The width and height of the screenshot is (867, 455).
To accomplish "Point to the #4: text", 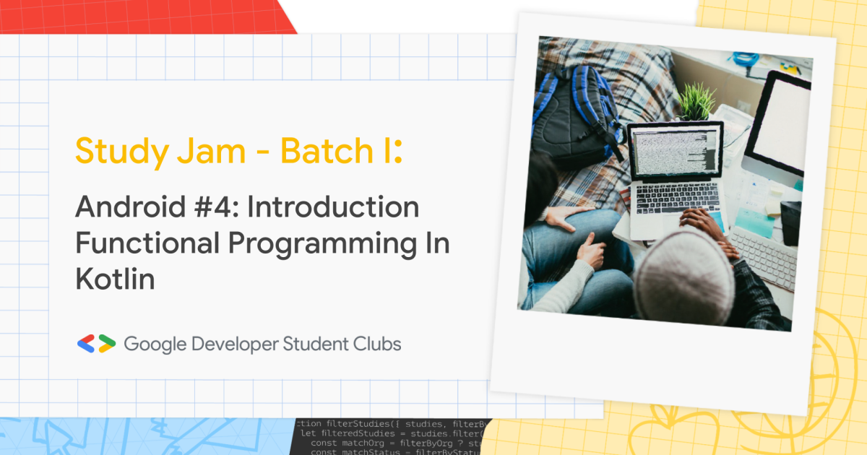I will pos(220,207).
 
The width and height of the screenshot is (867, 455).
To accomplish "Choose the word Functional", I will pos(144,244).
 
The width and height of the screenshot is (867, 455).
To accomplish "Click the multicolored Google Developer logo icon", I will pos(96,344).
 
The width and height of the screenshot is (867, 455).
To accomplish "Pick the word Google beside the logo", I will pos(154,344).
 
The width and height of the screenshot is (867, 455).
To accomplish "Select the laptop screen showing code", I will pos(675,151).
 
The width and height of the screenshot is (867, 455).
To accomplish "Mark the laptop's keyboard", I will pos(676,198).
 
